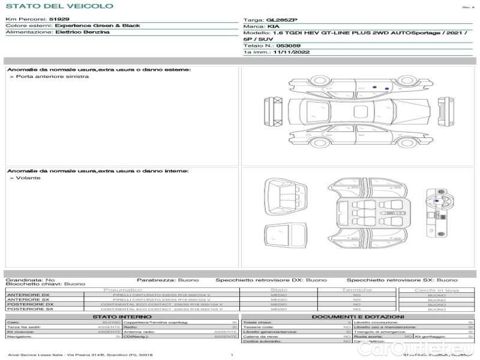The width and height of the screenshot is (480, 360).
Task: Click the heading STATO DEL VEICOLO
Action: pos(59,6)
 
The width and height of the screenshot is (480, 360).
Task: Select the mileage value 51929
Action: pos(59,19)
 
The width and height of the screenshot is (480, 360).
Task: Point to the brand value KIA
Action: pos(273,27)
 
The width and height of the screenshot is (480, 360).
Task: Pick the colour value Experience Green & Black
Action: pos(97,26)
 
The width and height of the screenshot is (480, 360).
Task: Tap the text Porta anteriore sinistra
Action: pos(48,77)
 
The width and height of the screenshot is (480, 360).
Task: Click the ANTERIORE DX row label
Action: pos(28,295)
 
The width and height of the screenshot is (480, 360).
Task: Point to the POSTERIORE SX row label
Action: pos(29,309)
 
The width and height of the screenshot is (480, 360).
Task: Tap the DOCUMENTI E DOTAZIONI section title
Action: pos(358,316)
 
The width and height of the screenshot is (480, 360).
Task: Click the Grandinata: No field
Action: pos(30,280)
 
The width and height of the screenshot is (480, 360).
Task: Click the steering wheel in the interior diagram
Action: pos(436,202)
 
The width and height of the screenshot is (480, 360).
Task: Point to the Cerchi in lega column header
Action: pos(436,290)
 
